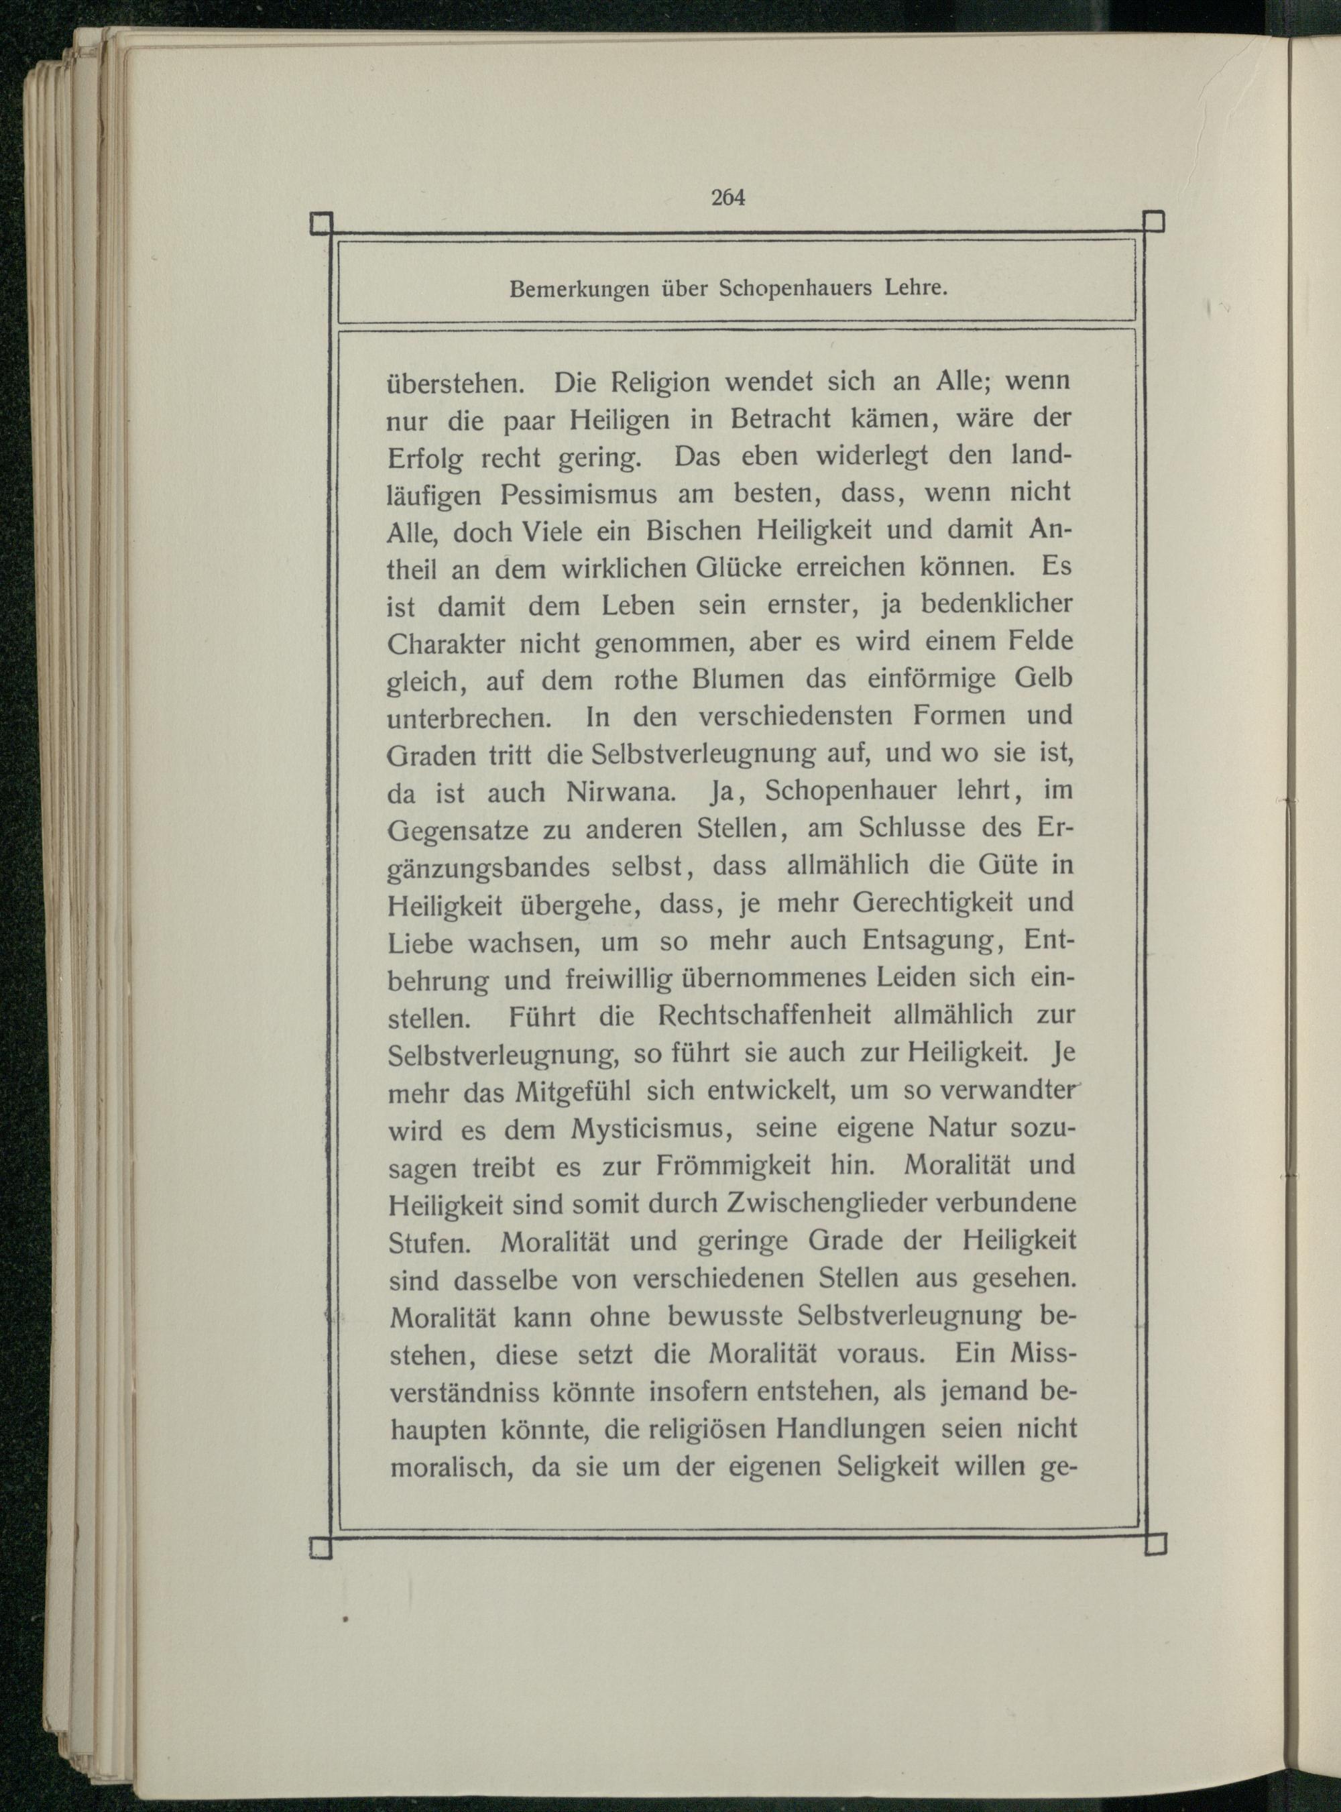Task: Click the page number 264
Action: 727,197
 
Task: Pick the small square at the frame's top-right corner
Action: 1153,221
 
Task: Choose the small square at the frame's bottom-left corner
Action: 321,1546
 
